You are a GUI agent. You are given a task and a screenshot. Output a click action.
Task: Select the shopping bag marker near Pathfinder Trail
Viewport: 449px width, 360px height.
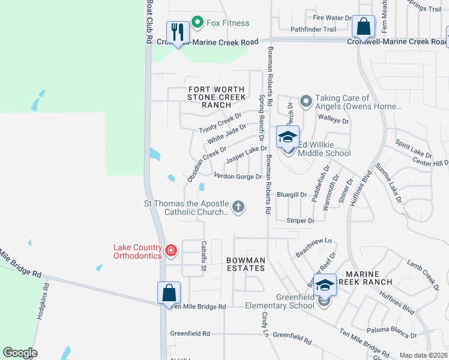tap(363, 26)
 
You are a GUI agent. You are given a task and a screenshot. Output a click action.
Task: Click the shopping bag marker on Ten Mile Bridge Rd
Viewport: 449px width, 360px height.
tap(169, 293)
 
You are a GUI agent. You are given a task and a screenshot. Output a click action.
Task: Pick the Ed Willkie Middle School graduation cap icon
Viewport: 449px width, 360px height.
tap(288, 137)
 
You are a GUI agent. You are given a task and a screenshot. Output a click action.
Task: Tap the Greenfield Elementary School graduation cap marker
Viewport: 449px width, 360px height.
tap(325, 286)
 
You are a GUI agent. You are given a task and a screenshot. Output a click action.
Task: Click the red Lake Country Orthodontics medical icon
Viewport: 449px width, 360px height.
tap(171, 250)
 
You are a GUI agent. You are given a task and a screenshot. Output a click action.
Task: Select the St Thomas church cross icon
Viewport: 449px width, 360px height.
tap(238, 208)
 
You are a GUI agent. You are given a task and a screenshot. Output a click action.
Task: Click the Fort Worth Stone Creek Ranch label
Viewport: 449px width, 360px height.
tap(216, 97)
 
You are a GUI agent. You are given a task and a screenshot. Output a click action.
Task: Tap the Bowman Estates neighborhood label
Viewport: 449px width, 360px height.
tap(246, 264)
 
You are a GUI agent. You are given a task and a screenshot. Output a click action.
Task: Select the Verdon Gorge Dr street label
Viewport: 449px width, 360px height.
tap(238, 176)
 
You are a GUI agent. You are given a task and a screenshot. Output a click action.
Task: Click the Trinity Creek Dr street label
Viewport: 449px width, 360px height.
tap(220, 122)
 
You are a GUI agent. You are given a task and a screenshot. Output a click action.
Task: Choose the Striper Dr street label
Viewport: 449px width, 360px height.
tap(300, 221)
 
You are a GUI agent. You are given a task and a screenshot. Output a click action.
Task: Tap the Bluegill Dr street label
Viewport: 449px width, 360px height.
tap(292, 195)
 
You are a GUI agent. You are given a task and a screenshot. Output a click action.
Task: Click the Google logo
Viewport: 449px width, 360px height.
tap(20, 353)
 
